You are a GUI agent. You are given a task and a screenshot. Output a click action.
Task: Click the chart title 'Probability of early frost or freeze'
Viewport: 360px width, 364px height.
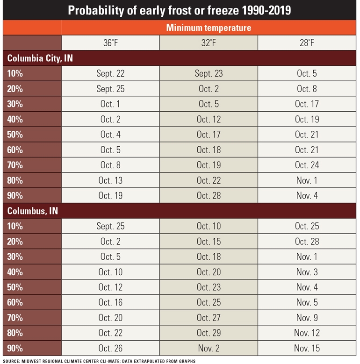180,10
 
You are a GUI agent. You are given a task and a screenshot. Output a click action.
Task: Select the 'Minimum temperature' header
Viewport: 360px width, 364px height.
209,28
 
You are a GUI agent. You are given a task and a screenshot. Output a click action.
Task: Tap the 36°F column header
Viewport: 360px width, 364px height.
110,43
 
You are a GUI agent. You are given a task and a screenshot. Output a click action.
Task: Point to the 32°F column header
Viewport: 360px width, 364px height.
209,43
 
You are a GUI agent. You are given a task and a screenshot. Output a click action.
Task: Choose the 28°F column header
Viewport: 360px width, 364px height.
308,43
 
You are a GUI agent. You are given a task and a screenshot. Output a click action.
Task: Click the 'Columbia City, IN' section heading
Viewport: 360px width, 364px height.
40,58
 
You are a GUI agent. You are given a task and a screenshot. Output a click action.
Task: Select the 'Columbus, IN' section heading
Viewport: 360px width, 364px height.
33,211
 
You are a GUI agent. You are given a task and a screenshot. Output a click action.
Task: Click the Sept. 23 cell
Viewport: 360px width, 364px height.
209,74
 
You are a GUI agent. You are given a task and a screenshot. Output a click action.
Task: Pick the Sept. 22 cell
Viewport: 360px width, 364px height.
110,74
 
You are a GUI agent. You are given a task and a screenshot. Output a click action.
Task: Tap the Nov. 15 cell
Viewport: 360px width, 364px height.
308,348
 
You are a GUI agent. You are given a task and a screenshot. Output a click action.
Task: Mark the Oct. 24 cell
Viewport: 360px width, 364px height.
308,165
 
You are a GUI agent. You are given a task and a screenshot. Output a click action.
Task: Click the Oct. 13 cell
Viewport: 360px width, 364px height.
110,180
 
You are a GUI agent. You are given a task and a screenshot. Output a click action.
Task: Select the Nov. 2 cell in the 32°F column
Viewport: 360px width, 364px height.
209,348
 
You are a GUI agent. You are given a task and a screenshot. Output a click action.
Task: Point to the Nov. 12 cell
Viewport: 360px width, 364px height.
308,333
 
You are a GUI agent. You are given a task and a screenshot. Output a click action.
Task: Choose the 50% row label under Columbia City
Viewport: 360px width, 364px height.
15,135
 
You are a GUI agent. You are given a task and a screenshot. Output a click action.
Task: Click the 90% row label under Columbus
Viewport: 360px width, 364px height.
15,348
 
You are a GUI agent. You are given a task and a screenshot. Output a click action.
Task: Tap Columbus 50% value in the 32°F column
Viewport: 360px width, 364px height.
209,287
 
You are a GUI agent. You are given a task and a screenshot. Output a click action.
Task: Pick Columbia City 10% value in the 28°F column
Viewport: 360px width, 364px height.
308,74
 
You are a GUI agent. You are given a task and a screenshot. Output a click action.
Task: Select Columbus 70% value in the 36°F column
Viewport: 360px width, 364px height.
110,317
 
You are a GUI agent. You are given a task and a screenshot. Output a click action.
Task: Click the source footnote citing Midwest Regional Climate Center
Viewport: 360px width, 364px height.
99,361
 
